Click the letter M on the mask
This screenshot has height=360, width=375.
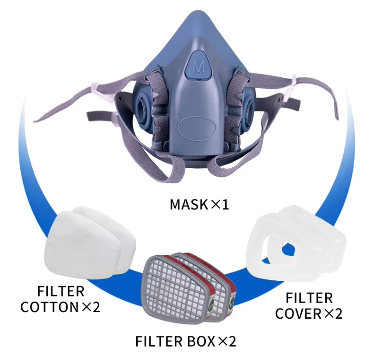[198, 66]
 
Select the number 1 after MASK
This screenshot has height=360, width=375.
[225, 204]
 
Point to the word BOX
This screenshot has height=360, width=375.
[200, 342]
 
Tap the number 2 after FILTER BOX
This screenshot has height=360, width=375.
[232, 342]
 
